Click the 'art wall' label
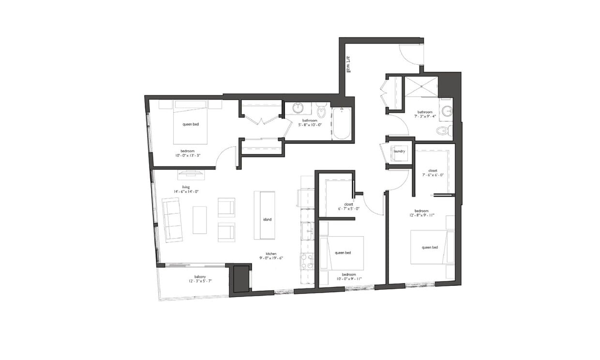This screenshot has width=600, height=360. click(348, 64)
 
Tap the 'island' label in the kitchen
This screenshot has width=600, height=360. click(267, 219)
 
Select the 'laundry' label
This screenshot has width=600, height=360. click(399, 151)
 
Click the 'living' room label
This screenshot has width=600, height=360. click(185, 187)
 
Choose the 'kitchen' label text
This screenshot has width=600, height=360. click(270, 254)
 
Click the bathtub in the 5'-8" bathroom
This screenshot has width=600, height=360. click(342, 124)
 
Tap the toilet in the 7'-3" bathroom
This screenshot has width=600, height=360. click(442, 130)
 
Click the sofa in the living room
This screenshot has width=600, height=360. click(172, 220)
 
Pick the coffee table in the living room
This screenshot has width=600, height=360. click(199, 220)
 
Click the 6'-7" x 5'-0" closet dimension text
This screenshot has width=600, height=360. click(348, 209)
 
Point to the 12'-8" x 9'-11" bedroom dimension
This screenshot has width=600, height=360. click(421, 216)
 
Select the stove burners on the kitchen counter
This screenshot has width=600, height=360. click(306, 261)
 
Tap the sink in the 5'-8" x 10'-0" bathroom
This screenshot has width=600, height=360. click(298, 108)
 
